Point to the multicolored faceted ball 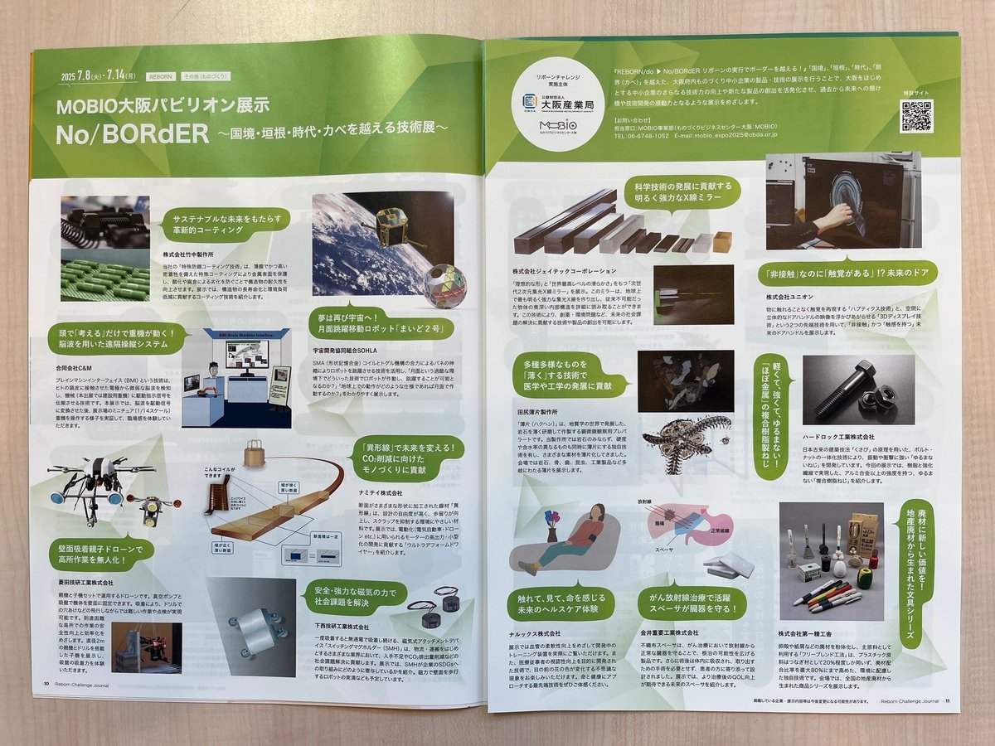[x=444, y=286]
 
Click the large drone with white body [x=99, y=481]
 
